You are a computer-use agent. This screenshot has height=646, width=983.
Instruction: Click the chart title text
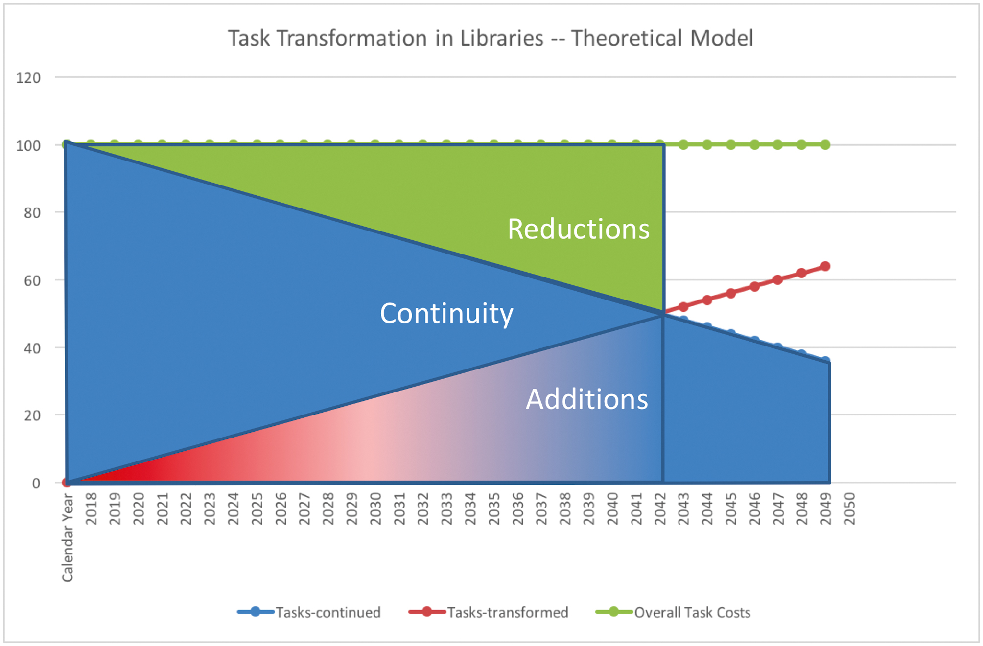491,38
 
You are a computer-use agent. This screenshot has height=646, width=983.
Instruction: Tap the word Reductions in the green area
578,229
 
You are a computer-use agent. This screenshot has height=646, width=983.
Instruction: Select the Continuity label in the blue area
446,314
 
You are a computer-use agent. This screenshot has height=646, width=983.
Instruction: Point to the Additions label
586,399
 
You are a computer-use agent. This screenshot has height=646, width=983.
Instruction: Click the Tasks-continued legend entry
309,612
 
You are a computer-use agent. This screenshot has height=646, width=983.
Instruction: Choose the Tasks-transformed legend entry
489,612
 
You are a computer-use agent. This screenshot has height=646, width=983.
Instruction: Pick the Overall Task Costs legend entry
673,612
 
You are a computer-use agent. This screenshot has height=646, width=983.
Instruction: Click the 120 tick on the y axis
28,78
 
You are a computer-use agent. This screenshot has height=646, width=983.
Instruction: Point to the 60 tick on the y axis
32,280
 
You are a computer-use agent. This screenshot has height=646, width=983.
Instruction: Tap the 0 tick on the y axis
36,484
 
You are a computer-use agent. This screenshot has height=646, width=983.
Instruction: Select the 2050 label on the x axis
850,509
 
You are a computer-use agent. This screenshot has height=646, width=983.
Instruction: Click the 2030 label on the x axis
375,509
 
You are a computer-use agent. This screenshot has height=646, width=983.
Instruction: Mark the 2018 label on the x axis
91,509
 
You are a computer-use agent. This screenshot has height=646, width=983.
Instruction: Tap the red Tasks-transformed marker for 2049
825,266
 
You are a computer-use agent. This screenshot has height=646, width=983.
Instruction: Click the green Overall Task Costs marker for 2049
825,145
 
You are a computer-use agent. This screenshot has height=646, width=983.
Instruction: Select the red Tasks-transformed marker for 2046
754,286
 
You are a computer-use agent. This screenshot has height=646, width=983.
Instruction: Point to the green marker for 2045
731,145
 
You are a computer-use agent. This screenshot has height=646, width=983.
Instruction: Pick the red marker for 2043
683,307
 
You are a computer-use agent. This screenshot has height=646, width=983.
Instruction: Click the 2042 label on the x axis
660,509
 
